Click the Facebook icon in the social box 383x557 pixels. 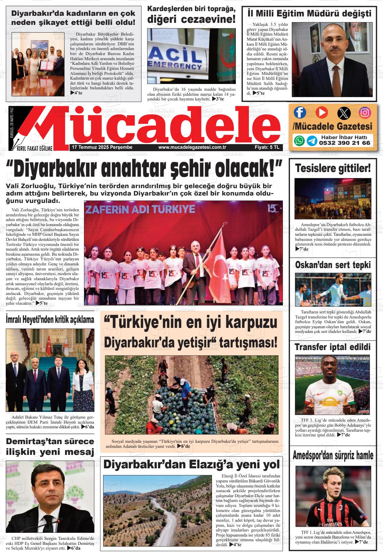[300, 113]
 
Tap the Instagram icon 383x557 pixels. [365, 113]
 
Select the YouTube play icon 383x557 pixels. [321, 113]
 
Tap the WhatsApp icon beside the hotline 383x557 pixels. [299, 140]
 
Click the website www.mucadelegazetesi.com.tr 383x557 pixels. [192, 147]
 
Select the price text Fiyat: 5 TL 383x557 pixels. [267, 147]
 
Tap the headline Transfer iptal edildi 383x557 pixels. [333, 347]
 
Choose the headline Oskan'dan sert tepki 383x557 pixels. [333, 265]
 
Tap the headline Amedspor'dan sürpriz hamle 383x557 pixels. [333, 456]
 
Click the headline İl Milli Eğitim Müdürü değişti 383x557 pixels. [309, 13]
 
